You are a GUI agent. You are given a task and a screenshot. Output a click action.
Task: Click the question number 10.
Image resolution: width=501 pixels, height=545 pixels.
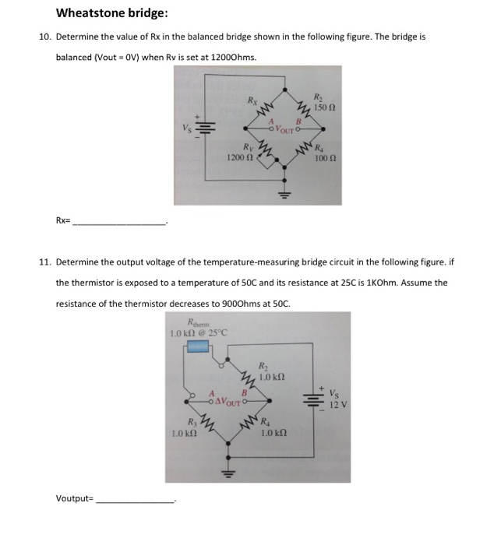(x=45, y=37)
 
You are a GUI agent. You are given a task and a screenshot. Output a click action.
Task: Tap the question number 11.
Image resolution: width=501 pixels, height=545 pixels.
(x=45, y=262)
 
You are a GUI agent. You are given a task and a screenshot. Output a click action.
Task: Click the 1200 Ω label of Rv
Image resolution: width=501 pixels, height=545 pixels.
(x=238, y=158)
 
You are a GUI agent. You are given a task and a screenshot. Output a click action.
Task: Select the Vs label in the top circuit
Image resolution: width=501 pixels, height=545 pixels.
(x=185, y=127)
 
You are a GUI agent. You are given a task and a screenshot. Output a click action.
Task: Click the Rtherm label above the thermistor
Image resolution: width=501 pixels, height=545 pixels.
(x=192, y=324)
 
